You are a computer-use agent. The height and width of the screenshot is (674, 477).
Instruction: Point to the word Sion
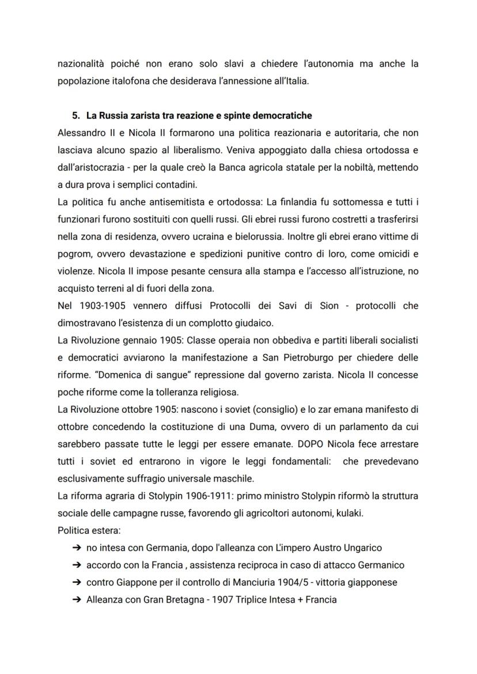pos(330,306)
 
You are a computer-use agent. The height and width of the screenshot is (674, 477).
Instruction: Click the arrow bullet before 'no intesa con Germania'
pos(77,548)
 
